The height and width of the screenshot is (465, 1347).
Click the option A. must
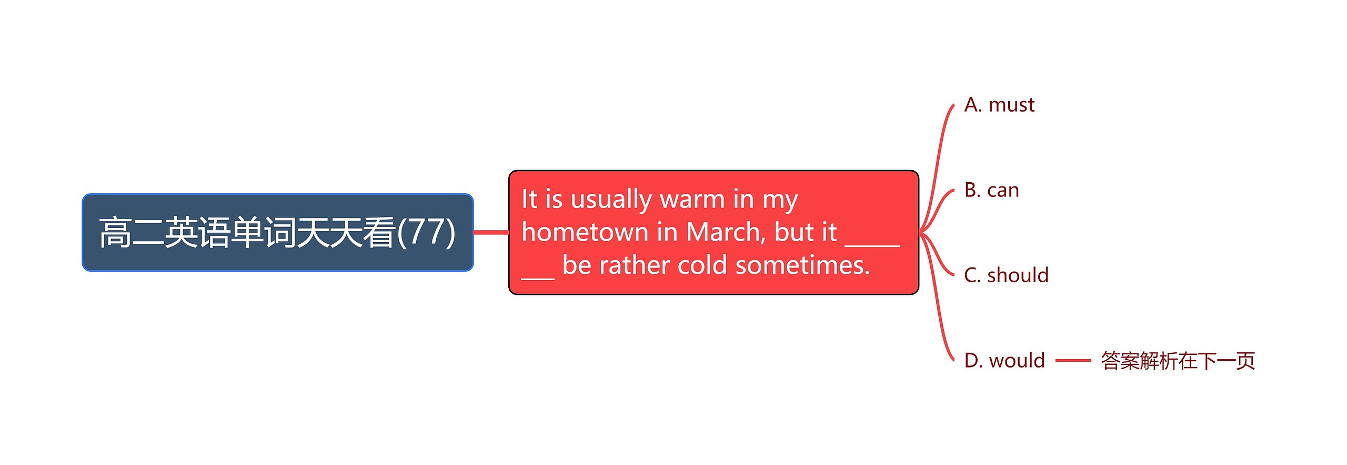(999, 105)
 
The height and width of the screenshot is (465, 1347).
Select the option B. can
(992, 190)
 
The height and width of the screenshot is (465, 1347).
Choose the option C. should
(1007, 275)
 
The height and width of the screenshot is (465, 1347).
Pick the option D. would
(1004, 361)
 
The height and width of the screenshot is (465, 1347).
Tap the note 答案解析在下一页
(1178, 361)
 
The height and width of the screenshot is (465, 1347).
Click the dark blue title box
(278, 232)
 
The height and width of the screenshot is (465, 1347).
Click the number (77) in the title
(427, 232)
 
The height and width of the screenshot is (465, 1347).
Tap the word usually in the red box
(611, 200)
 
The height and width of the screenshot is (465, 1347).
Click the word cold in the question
(702, 265)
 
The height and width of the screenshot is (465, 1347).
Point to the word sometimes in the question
(802, 265)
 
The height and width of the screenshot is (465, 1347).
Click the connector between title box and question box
(491, 232)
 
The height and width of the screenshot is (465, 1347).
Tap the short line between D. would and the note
(1073, 361)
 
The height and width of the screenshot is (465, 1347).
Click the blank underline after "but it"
(872, 244)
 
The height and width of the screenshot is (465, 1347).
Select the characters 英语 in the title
(197, 232)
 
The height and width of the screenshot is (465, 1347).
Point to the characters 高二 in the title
(132, 232)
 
